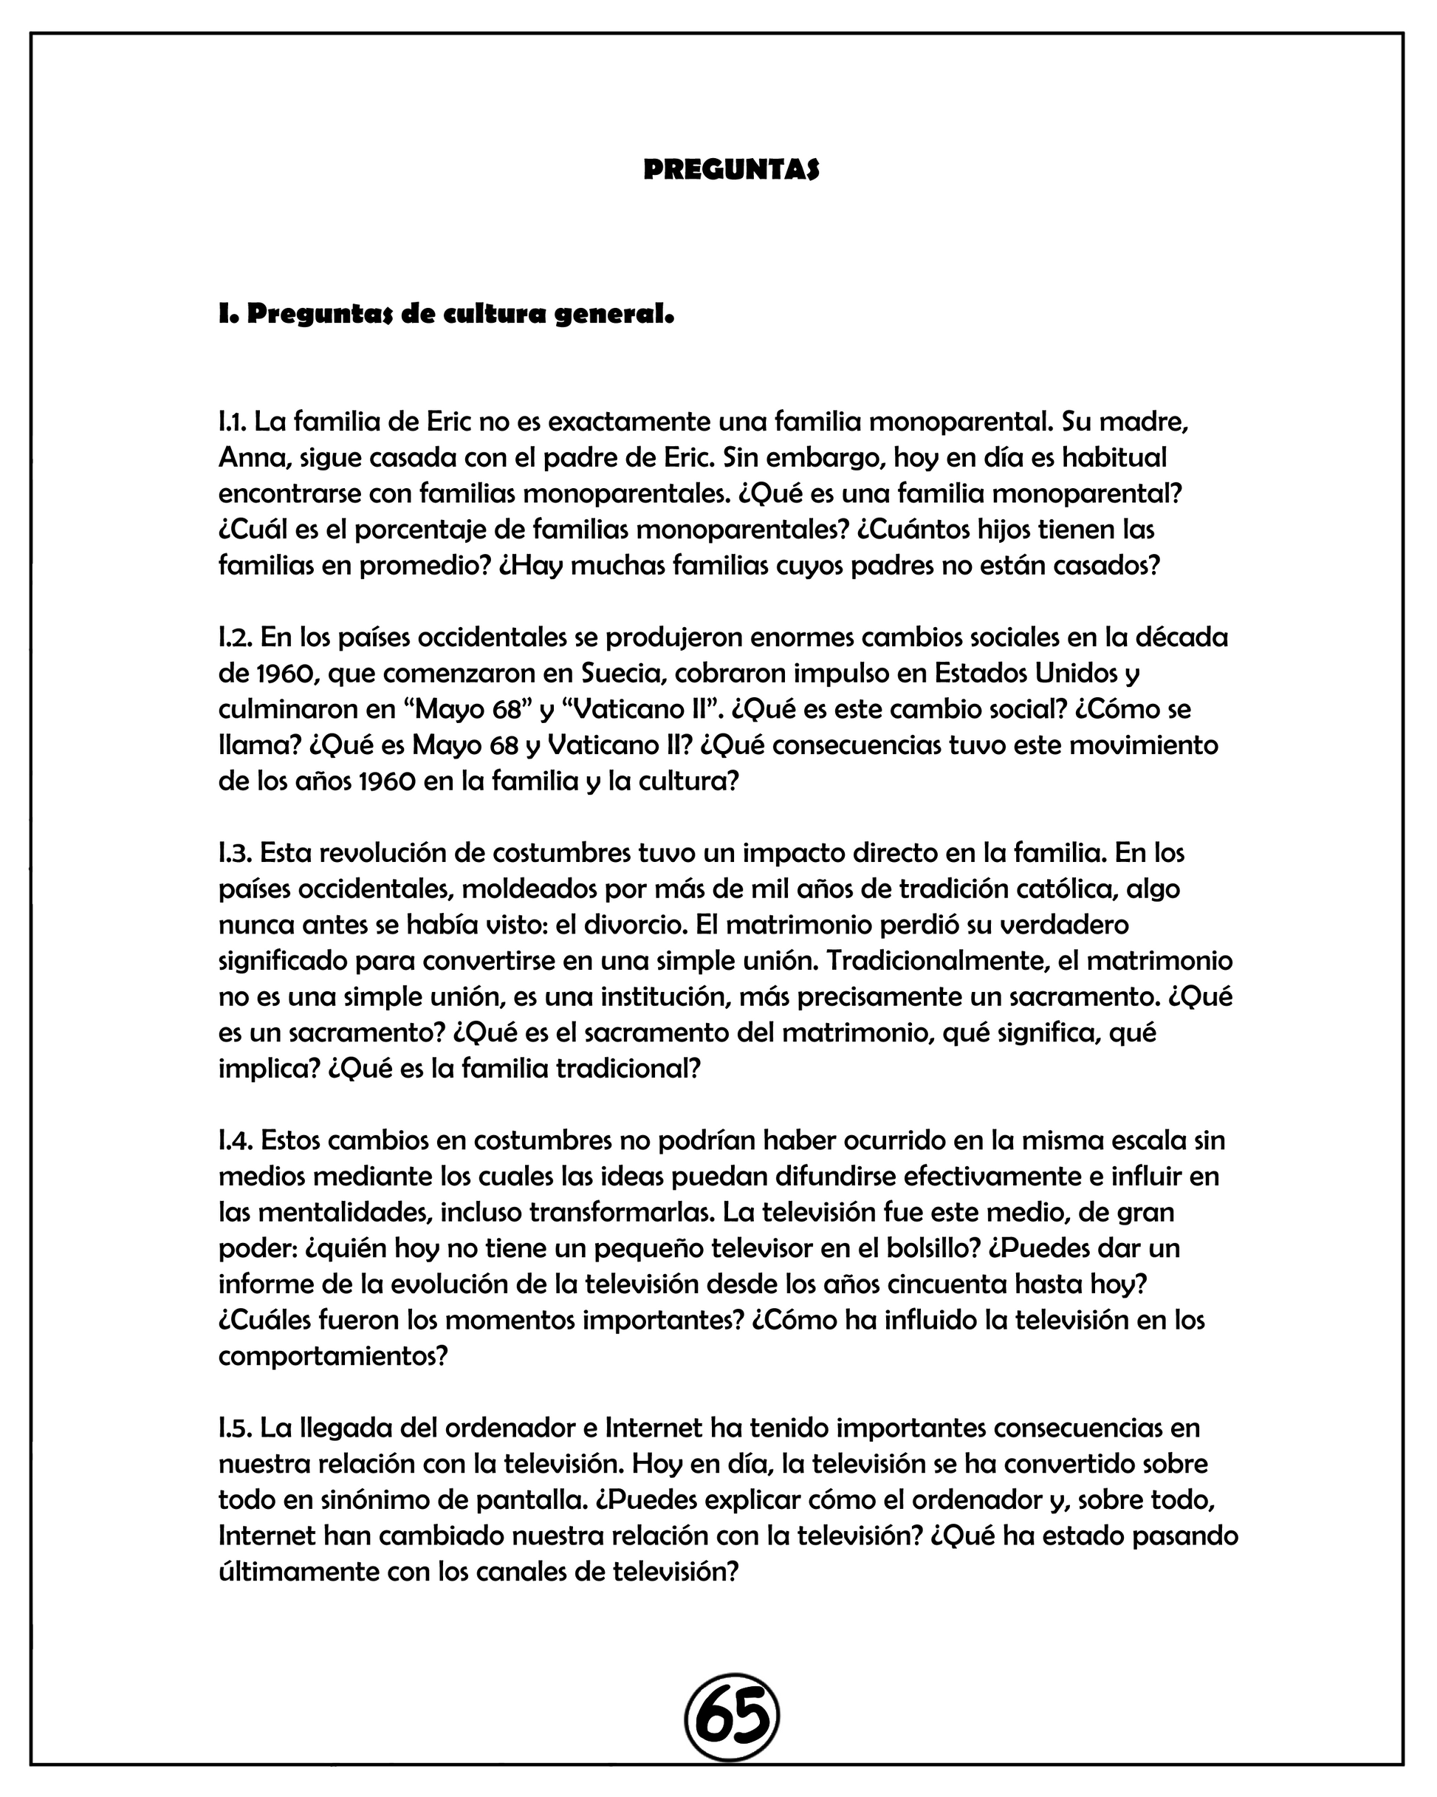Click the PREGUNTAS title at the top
click(731, 169)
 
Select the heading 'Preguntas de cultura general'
click(446, 315)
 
